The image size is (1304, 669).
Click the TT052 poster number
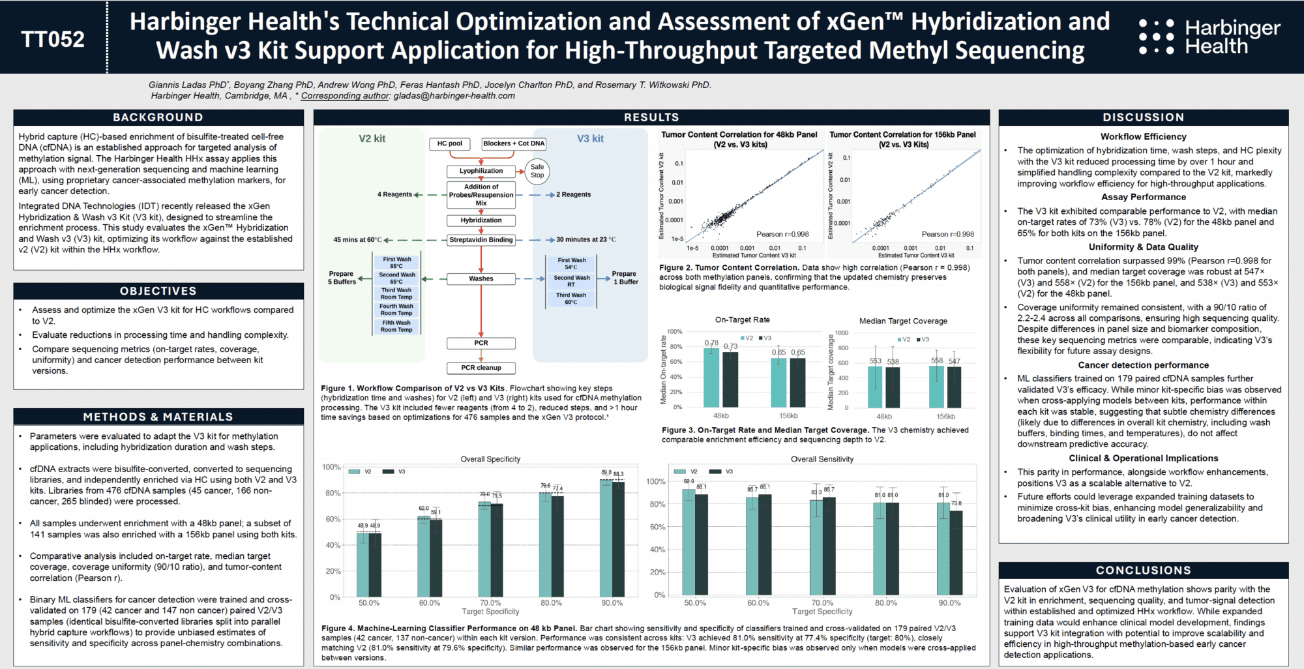(53, 39)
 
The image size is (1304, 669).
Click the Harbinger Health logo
(1209, 37)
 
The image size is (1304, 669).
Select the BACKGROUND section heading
(158, 117)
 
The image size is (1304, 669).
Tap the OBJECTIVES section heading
(158, 291)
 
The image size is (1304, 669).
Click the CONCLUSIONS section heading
(1144, 571)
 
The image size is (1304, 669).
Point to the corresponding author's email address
(454, 96)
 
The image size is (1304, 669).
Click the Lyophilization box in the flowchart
(481, 171)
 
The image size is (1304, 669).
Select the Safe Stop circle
(537, 171)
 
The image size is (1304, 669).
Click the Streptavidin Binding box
(481, 240)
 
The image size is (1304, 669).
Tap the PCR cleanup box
(481, 368)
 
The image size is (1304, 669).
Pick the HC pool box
(449, 143)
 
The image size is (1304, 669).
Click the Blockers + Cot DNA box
(514, 143)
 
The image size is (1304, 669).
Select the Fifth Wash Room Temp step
(396, 326)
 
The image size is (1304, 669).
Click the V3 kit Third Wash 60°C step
(571, 299)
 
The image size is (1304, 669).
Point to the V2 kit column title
(372, 139)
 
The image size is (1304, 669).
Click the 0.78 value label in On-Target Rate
(711, 343)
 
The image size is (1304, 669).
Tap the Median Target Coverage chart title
(903, 321)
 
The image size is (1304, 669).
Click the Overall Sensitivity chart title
(822, 459)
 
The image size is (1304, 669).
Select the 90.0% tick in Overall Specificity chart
(612, 603)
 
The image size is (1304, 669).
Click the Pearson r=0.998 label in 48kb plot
(782, 234)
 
